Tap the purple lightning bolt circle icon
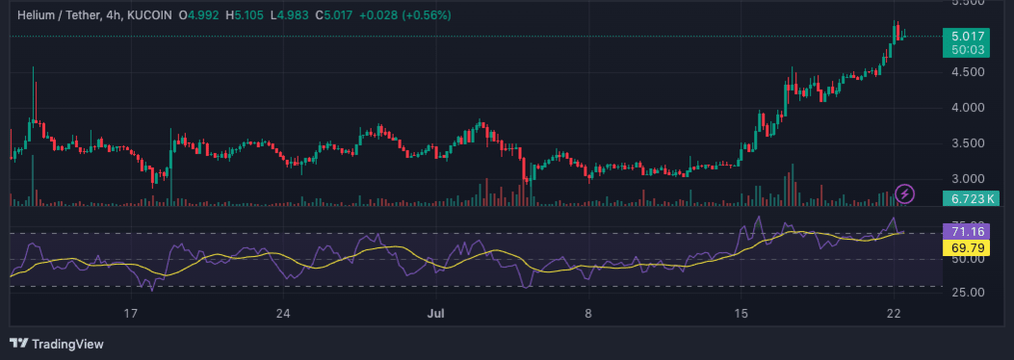click(905, 194)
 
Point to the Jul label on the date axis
click(434, 314)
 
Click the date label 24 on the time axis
click(282, 314)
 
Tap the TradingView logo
click(57, 344)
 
